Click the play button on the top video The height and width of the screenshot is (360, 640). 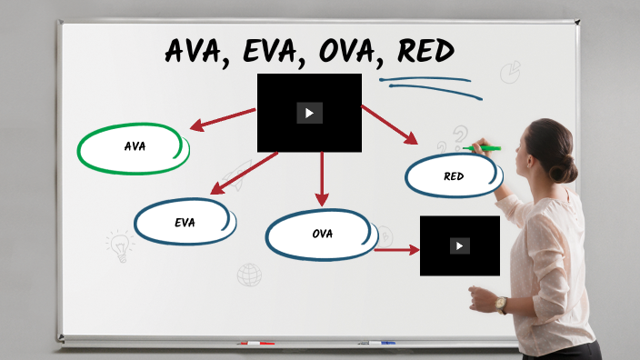pos(309,113)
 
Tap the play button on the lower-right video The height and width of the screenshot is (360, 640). pos(459,245)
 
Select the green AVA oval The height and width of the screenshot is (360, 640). pos(134,146)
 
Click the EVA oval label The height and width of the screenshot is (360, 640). pos(185,222)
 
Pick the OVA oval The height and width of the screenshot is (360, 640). pos(322,234)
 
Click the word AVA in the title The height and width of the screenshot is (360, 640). pos(198,51)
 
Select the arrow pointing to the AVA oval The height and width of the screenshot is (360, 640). pos(222,120)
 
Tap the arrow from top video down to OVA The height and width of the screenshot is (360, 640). pos(321,178)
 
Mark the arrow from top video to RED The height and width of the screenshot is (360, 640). pos(389,125)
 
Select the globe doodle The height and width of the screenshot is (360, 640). pos(248,274)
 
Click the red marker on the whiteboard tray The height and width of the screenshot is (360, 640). pos(255,344)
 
